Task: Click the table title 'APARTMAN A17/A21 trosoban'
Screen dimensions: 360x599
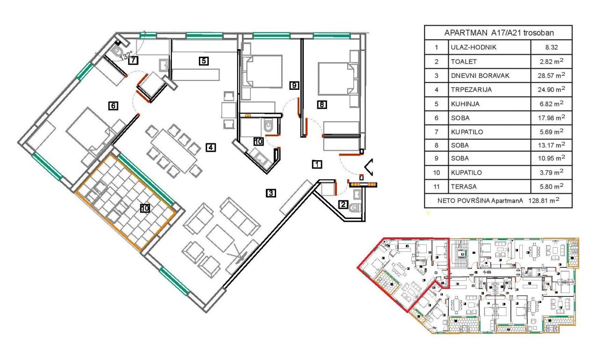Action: (498, 33)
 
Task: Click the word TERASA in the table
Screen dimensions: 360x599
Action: (463, 187)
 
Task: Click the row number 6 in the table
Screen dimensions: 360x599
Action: (436, 118)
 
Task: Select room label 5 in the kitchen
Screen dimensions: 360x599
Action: (203, 60)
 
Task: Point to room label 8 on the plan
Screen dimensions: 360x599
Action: (321, 105)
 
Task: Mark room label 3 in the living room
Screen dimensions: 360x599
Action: (270, 192)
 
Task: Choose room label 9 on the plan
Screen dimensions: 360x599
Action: (294, 85)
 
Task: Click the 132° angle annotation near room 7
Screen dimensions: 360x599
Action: (127, 55)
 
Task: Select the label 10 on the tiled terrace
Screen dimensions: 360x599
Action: (145, 208)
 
